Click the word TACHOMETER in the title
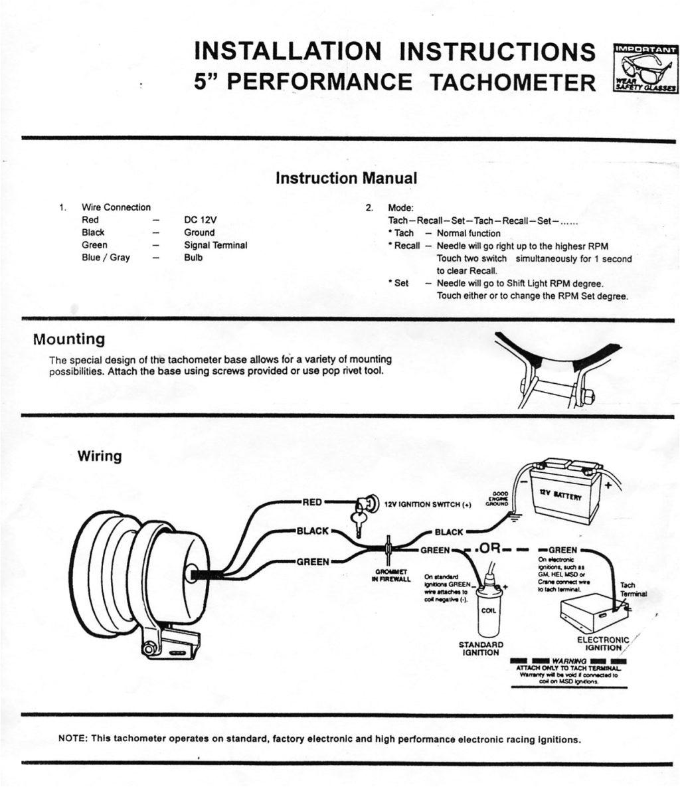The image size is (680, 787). coord(513,82)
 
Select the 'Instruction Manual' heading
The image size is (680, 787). coord(346,178)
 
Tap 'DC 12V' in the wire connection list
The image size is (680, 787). coord(201,220)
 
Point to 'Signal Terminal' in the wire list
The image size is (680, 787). coord(215,245)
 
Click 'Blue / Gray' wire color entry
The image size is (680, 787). coord(106,258)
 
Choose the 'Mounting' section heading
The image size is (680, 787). coord(69,339)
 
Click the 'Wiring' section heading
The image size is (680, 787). coord(100,456)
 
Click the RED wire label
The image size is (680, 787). coord(312,502)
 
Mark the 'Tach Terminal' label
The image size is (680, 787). coord(632,589)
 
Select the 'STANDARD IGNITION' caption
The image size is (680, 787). coord(481,648)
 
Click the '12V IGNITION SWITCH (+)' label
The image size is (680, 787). coord(428,505)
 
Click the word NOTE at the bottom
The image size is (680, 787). coord(73,739)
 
